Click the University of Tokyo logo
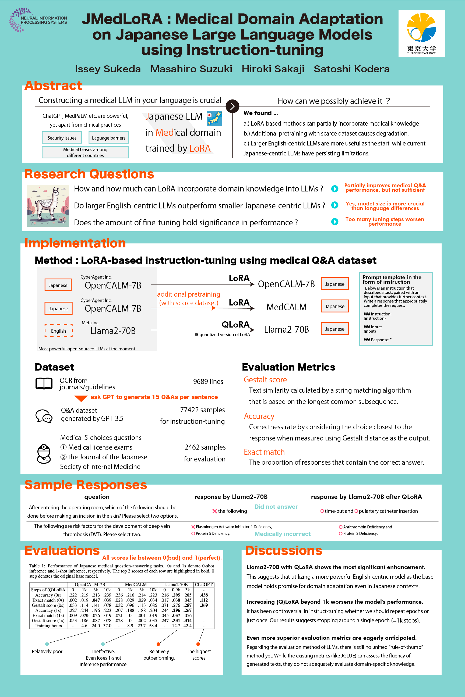[421, 33]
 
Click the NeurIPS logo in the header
[38, 20]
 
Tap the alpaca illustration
[48, 206]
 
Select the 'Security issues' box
[62, 138]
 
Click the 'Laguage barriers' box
[108, 138]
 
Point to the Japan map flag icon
[214, 118]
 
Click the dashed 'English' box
[58, 331]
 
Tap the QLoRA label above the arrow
[235, 325]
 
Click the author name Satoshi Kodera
[351, 69]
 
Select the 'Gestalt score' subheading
[265, 380]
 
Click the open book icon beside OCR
[44, 383]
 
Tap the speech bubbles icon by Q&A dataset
[44, 416]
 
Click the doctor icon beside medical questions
[44, 453]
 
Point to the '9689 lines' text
[208, 382]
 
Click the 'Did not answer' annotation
[276, 507]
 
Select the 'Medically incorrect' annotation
[283, 534]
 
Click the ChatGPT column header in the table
[203, 585]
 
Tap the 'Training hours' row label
[48, 625]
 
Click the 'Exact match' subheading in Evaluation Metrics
[264, 452]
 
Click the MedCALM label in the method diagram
[286, 307]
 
